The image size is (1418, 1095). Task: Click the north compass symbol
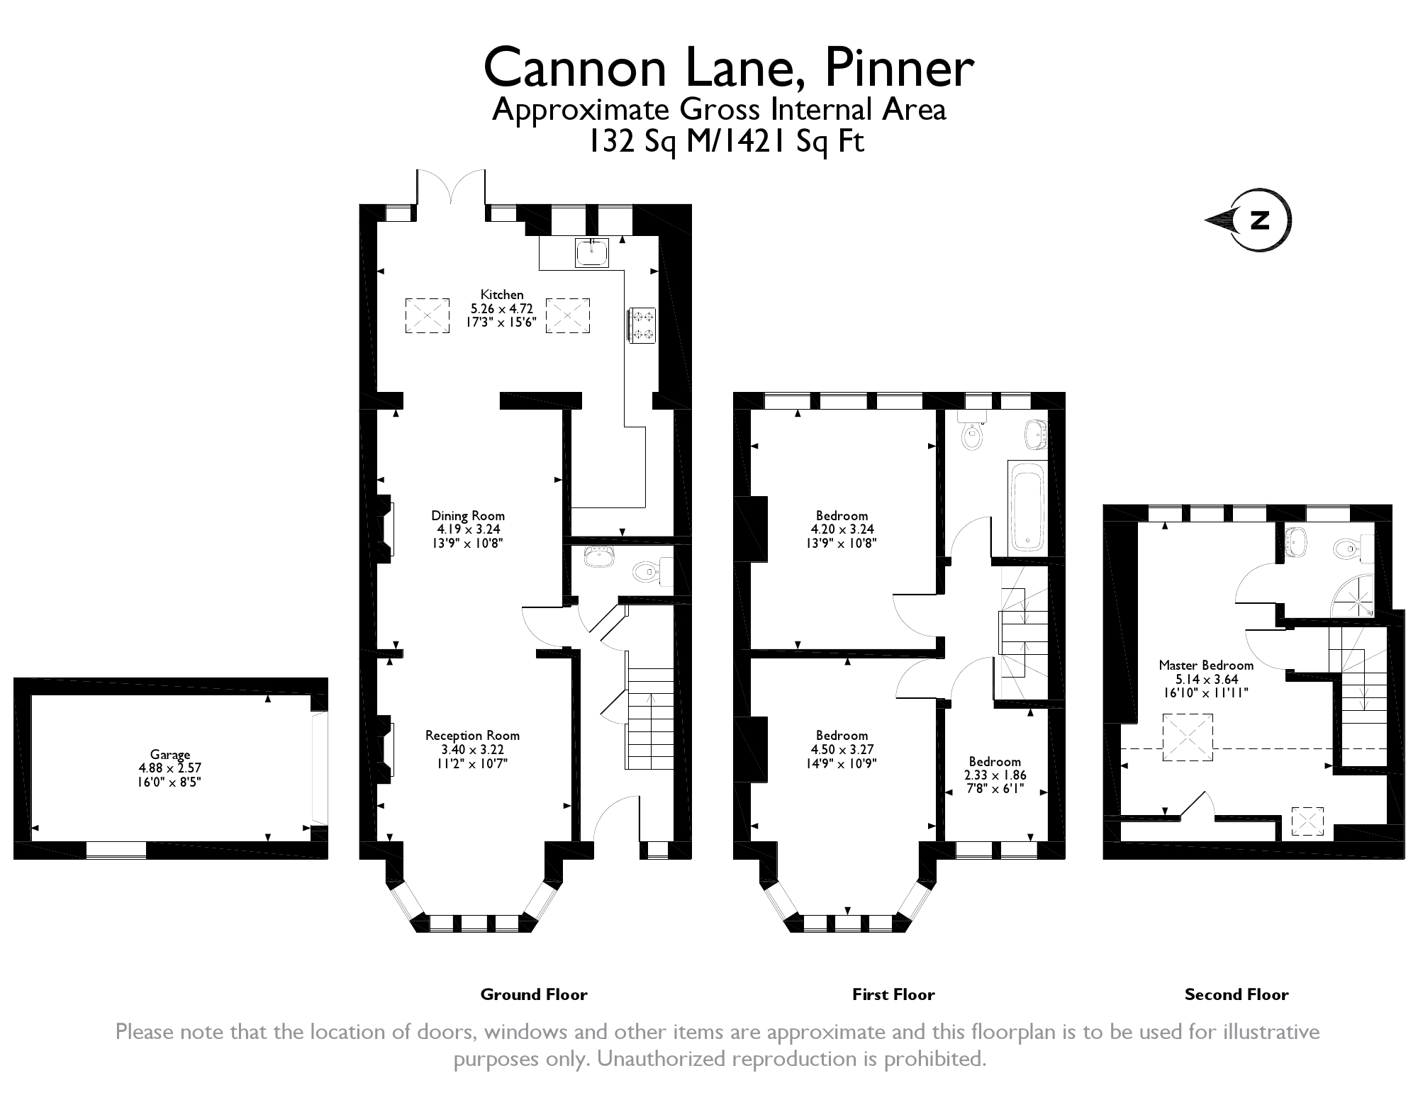1259,220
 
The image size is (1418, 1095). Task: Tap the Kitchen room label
502,295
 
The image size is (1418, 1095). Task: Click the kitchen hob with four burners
643,325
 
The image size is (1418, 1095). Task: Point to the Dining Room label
468,516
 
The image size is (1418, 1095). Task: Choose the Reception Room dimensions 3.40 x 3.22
472,750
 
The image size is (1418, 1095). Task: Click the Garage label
170,755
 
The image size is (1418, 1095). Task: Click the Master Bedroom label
1205,666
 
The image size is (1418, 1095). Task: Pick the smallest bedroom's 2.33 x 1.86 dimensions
995,775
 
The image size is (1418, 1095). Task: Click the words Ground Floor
534,994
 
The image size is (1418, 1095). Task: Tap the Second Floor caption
1236,994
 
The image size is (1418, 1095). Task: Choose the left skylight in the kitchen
427,315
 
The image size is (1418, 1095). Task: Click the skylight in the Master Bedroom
1187,737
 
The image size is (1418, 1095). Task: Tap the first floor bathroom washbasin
1035,433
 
